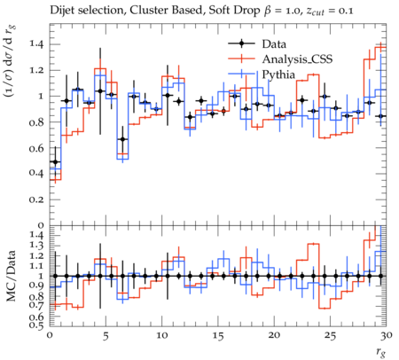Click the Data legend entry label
point(274,44)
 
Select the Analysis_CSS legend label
point(297,59)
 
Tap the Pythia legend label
point(278,74)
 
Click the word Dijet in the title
point(61,11)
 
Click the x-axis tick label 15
point(218,336)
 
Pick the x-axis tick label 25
point(330,336)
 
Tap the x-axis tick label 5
point(106,336)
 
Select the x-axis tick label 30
point(387,335)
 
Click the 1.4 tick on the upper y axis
point(36,44)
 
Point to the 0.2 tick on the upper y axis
point(36,200)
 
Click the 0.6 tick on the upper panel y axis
point(36,148)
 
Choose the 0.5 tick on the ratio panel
point(36,325)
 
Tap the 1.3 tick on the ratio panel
point(36,246)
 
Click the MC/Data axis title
point(12,276)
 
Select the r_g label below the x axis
point(381,353)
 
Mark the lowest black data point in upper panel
point(55,161)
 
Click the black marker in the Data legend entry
point(241,43)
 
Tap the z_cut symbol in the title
point(315,12)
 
